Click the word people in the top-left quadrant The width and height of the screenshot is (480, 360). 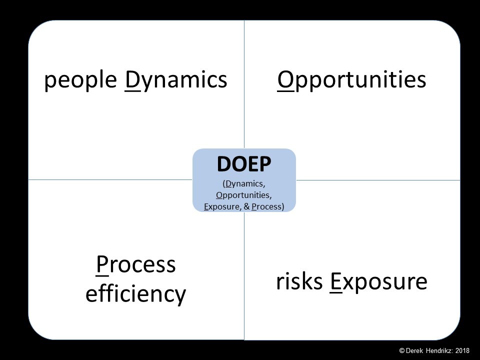pyautogui.click(x=80, y=80)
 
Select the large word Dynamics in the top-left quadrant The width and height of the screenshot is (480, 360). pyautogui.click(x=176, y=80)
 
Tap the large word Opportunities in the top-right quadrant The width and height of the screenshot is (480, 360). pyautogui.click(x=351, y=80)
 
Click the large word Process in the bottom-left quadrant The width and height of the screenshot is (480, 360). pyautogui.click(x=136, y=265)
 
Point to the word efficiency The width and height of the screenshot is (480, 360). pyautogui.click(x=135, y=293)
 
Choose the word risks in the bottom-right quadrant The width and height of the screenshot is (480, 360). pyautogui.click(x=299, y=281)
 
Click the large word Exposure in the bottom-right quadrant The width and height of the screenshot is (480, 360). pyautogui.click(x=378, y=282)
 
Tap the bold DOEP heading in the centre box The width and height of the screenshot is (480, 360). pyautogui.click(x=244, y=164)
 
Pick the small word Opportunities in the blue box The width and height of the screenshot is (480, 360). pyautogui.click(x=243, y=195)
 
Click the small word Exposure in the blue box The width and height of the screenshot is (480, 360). pyautogui.click(x=221, y=207)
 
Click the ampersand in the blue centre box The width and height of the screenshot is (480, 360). pyautogui.click(x=246, y=206)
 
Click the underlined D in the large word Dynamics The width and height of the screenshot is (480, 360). pyautogui.click(x=132, y=80)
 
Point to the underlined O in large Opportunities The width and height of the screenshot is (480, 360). pyautogui.click(x=285, y=80)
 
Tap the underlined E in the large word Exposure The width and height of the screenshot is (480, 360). pyautogui.click(x=336, y=282)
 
